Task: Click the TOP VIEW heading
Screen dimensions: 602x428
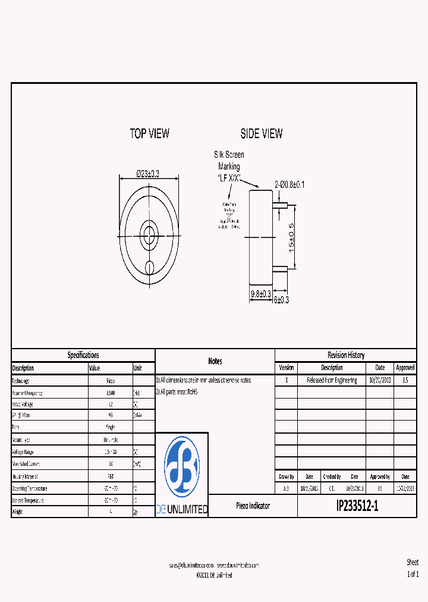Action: [149, 134]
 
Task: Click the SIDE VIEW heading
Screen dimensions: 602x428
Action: [261, 134]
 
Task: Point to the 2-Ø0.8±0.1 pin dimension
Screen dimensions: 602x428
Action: [289, 184]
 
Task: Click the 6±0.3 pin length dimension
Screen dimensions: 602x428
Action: [281, 300]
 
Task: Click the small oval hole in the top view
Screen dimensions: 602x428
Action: [150, 266]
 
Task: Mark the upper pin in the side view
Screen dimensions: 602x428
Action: [280, 206]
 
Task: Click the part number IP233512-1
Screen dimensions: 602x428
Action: [357, 506]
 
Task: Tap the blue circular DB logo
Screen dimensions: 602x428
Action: [182, 466]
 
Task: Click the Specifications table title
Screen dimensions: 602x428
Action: [83, 355]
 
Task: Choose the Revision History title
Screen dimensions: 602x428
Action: [345, 355]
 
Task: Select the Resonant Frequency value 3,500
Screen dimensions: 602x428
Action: [111, 393]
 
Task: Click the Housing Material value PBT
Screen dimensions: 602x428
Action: [111, 476]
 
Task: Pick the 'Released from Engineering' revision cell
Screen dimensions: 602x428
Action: [332, 380]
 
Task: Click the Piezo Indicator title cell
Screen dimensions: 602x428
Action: [253, 506]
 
